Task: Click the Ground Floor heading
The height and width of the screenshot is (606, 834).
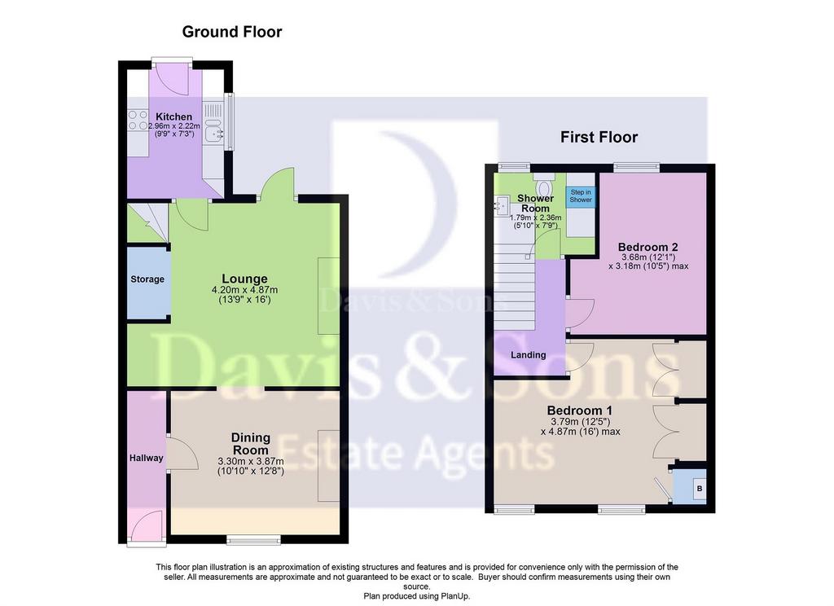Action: pyautogui.click(x=232, y=32)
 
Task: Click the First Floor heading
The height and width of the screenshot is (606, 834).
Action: pyautogui.click(x=599, y=138)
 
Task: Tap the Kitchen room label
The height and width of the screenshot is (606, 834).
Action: pyautogui.click(x=174, y=116)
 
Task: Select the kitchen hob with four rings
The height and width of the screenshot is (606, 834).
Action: pyautogui.click(x=138, y=121)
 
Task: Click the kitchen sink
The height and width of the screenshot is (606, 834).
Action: pyautogui.click(x=214, y=131)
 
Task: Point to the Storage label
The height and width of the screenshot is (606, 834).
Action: pyautogui.click(x=147, y=279)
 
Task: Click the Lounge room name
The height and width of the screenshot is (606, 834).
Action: pyautogui.click(x=244, y=279)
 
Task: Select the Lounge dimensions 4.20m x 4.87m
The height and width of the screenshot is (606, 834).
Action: pyautogui.click(x=244, y=291)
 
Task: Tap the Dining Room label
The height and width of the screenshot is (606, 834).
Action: pyautogui.click(x=251, y=444)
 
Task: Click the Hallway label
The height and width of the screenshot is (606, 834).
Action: pyautogui.click(x=147, y=458)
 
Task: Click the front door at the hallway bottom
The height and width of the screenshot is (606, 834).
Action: pyautogui.click(x=147, y=529)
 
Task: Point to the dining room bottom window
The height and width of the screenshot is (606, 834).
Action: pyautogui.click(x=254, y=541)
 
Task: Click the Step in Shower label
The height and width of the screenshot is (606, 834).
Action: pyautogui.click(x=581, y=195)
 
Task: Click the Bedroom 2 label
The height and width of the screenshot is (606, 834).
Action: pyautogui.click(x=647, y=248)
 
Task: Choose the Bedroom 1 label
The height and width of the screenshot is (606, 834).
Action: pyautogui.click(x=580, y=411)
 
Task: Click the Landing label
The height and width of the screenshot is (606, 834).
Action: pyautogui.click(x=528, y=355)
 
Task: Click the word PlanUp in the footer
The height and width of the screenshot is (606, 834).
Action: pyautogui.click(x=455, y=596)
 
